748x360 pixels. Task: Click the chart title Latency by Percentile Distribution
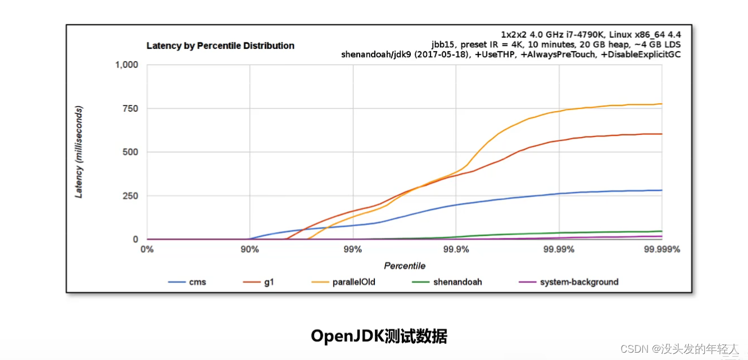click(x=220, y=45)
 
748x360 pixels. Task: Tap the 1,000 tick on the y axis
click(x=126, y=65)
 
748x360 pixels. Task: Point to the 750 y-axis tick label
click(x=130, y=108)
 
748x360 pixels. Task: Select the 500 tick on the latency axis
click(x=130, y=152)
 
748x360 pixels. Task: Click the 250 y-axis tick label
click(x=130, y=196)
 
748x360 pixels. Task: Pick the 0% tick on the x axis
click(x=147, y=249)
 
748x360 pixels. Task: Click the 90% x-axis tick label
click(x=250, y=249)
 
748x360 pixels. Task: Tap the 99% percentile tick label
click(x=353, y=249)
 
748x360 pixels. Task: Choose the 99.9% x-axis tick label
click(x=456, y=249)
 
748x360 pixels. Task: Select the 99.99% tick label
click(x=559, y=249)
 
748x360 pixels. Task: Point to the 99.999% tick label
click(x=662, y=249)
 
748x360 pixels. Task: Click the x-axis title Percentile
click(x=405, y=266)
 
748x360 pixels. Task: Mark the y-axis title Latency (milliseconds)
click(x=79, y=152)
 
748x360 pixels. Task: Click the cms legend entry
click(x=187, y=282)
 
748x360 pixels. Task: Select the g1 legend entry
click(x=259, y=282)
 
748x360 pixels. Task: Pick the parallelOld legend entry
click(x=343, y=282)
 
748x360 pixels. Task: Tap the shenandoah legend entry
click(x=447, y=282)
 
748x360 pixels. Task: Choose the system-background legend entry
click(x=569, y=282)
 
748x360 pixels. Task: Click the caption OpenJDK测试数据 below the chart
click(x=379, y=336)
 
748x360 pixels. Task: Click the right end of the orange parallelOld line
click(x=662, y=104)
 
